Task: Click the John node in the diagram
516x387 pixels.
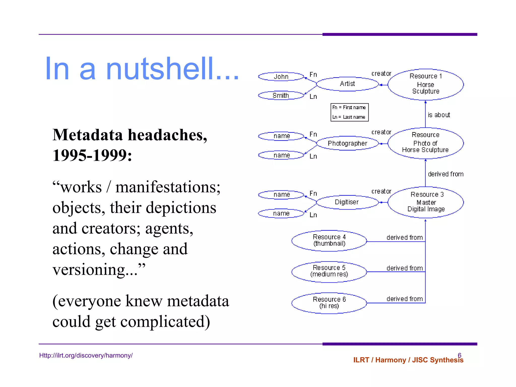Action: click(x=281, y=77)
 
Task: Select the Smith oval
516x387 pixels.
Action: click(x=281, y=95)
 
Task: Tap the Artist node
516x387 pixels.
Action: click(x=347, y=84)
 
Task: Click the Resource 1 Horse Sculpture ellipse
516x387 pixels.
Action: click(x=426, y=84)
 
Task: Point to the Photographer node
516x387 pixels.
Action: click(x=347, y=143)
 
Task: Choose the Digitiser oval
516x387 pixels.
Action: click(x=347, y=202)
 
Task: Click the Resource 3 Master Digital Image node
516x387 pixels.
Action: click(x=426, y=202)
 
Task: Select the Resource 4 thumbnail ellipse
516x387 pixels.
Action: click(x=329, y=240)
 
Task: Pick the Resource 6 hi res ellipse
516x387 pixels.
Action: click(x=329, y=303)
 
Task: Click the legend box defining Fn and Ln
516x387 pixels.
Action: click(x=349, y=112)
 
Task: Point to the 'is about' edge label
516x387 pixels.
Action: click(x=439, y=115)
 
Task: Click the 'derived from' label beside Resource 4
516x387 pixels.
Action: click(x=404, y=238)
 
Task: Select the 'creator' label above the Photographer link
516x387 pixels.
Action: click(x=381, y=132)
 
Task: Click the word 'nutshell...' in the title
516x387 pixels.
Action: click(x=172, y=69)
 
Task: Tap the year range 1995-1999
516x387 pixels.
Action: click(x=92, y=155)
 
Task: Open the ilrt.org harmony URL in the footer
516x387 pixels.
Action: click(x=86, y=356)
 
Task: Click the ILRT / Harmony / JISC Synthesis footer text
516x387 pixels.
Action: click(x=408, y=360)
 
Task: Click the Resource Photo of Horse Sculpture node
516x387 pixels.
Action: click(x=426, y=143)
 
